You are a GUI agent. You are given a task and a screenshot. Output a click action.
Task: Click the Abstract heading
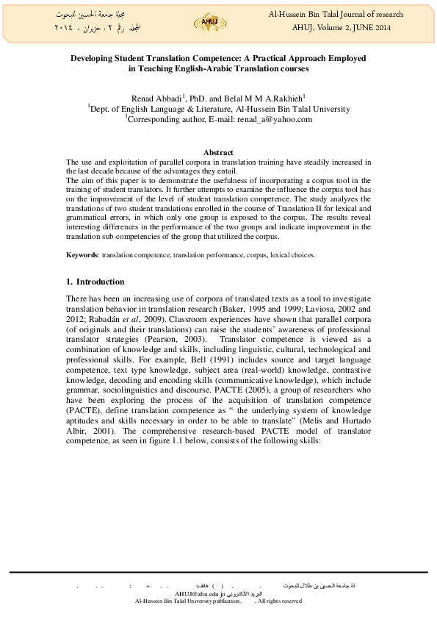tap(218, 151)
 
